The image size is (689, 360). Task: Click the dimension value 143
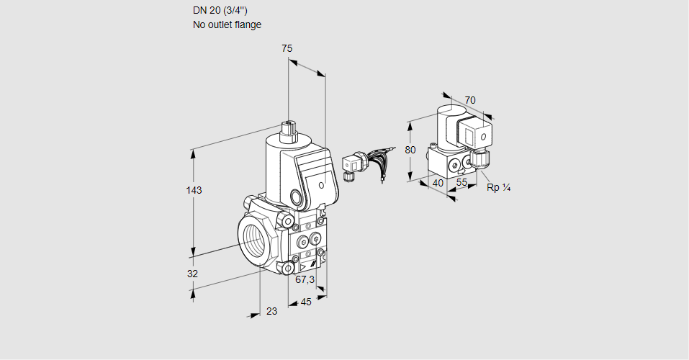(194, 190)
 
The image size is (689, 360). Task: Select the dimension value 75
(287, 48)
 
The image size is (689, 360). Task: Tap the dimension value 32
(192, 274)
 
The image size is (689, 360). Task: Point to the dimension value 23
(271, 311)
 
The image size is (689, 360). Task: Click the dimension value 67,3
(305, 279)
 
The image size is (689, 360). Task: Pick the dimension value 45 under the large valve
(306, 302)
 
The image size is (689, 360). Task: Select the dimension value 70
(470, 100)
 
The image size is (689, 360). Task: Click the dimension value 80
(410, 150)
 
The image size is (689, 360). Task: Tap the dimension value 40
(438, 183)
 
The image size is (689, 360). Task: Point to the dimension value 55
(462, 183)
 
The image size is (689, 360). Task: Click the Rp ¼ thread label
(498, 188)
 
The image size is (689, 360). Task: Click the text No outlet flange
(227, 24)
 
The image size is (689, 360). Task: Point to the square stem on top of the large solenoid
(289, 130)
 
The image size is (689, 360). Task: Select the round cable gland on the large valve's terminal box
(296, 196)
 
